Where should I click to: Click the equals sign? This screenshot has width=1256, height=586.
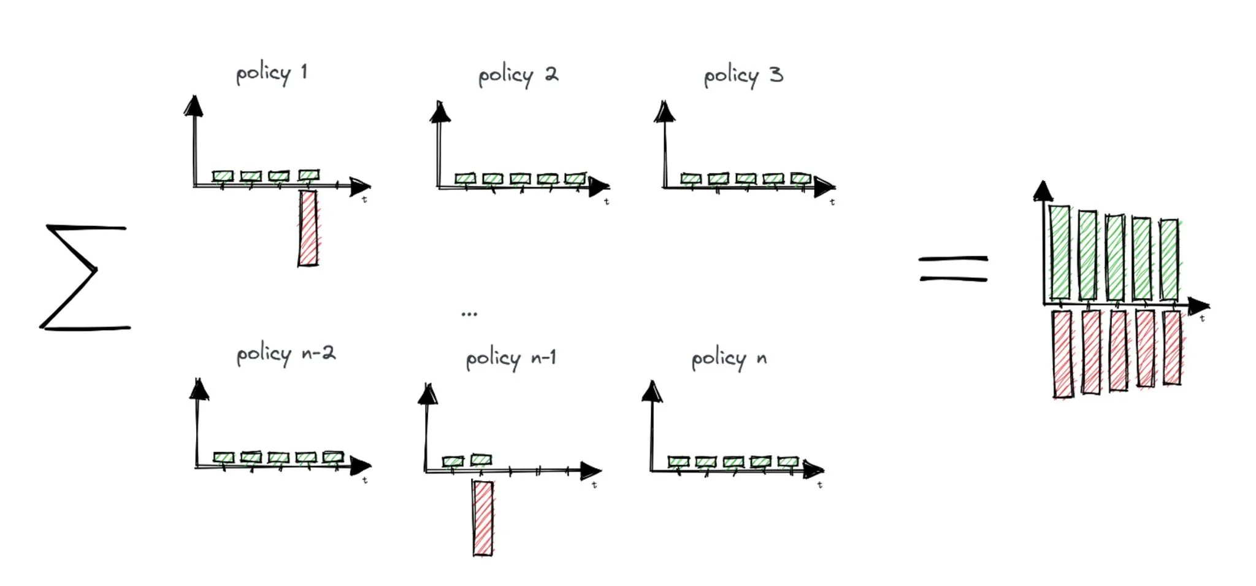point(953,269)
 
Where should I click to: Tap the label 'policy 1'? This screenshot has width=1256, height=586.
point(272,74)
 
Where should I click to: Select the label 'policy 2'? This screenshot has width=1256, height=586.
point(518,77)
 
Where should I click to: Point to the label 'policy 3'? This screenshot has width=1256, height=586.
point(743,77)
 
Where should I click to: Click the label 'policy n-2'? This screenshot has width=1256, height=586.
point(286,355)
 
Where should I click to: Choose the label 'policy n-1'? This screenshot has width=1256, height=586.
point(511,358)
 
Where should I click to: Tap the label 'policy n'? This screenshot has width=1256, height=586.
point(729,359)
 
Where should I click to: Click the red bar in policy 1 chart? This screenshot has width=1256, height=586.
point(308,228)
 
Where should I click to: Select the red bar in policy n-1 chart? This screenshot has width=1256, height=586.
point(483,519)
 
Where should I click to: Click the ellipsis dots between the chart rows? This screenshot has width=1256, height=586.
point(469,314)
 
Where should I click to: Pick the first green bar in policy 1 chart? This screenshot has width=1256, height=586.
point(223,176)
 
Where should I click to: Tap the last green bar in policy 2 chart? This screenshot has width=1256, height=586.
point(575,179)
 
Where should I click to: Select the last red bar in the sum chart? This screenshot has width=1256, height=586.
point(1171,348)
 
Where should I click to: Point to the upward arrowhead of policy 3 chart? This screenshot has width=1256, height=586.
point(664,112)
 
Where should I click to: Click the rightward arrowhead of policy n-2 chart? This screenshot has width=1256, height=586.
point(361,466)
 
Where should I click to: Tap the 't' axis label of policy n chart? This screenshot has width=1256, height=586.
point(820,485)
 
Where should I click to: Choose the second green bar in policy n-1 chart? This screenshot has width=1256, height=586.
point(481,460)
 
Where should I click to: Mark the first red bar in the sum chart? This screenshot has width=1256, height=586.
point(1062,354)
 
